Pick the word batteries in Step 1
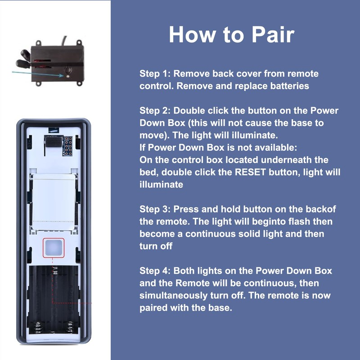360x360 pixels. pyautogui.click(x=287, y=86)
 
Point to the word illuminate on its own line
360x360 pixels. pyautogui.click(x=161, y=184)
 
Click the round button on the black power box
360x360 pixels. pyautogui.click(x=69, y=71)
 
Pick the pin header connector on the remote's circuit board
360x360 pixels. pyautogui.click(x=68, y=145)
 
